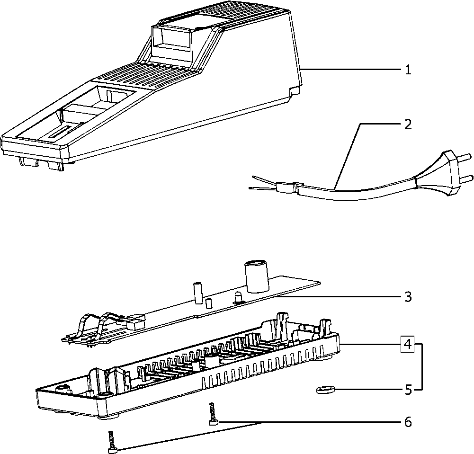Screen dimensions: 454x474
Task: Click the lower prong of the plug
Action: tap(466, 178)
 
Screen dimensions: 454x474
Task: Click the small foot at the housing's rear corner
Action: tap(294, 91)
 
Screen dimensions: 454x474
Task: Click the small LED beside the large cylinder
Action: tap(238, 297)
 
